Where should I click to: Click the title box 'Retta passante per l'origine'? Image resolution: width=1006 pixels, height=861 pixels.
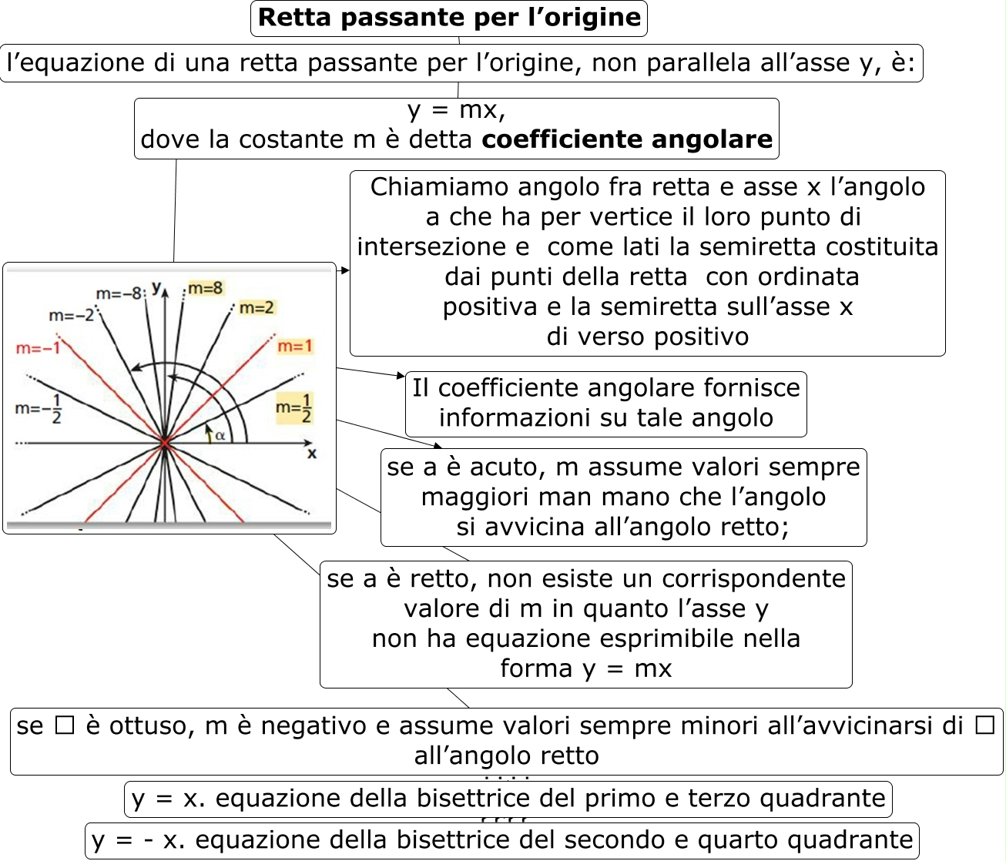[449, 18]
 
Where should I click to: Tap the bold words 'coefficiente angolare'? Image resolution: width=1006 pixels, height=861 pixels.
[627, 139]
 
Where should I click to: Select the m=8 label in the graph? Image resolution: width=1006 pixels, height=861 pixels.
[205, 288]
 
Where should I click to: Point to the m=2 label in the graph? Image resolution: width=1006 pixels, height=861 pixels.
[257, 308]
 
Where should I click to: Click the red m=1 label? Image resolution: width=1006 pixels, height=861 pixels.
[295, 347]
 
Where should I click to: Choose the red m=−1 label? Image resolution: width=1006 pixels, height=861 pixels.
[38, 348]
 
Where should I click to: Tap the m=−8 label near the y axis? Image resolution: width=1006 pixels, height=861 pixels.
[119, 293]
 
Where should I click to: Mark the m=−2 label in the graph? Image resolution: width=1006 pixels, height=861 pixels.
[71, 315]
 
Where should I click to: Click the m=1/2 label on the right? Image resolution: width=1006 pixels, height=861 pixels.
[294, 408]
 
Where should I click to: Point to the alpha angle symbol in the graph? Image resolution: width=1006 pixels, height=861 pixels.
[220, 436]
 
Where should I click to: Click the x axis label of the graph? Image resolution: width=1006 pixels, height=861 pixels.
[312, 454]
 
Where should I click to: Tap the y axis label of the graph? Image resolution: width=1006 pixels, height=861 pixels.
[156, 287]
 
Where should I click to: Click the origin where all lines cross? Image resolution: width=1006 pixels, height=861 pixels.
[165, 444]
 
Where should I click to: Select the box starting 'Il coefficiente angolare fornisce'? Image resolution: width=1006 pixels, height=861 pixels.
[606, 403]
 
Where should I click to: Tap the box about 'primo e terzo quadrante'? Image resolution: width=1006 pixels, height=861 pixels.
[508, 799]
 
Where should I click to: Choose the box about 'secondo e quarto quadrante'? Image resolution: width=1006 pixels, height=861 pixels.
[502, 840]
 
